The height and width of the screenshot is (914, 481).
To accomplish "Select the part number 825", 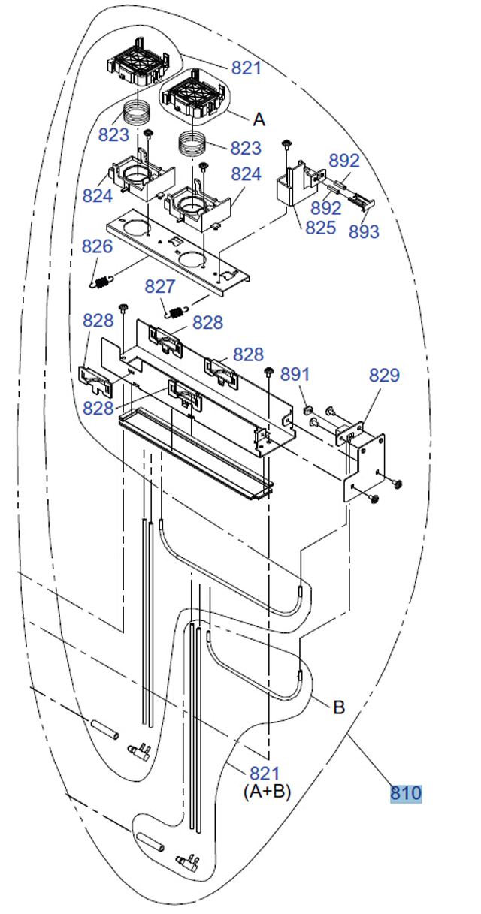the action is pos(320,228).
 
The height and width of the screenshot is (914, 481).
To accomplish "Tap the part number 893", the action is pos(364,231).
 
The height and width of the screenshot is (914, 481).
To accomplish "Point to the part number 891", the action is pos(295,374).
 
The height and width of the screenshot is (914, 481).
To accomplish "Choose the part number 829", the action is pos(384,375).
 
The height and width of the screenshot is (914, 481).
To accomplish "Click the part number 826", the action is pos(97,246).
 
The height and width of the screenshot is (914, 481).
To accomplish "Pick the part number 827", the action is pos(159,286).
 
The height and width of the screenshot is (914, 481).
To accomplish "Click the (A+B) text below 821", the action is pos(267,791).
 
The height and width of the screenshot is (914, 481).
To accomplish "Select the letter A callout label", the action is pos(259,119).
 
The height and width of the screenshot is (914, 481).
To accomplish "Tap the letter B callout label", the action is pos(339,707).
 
